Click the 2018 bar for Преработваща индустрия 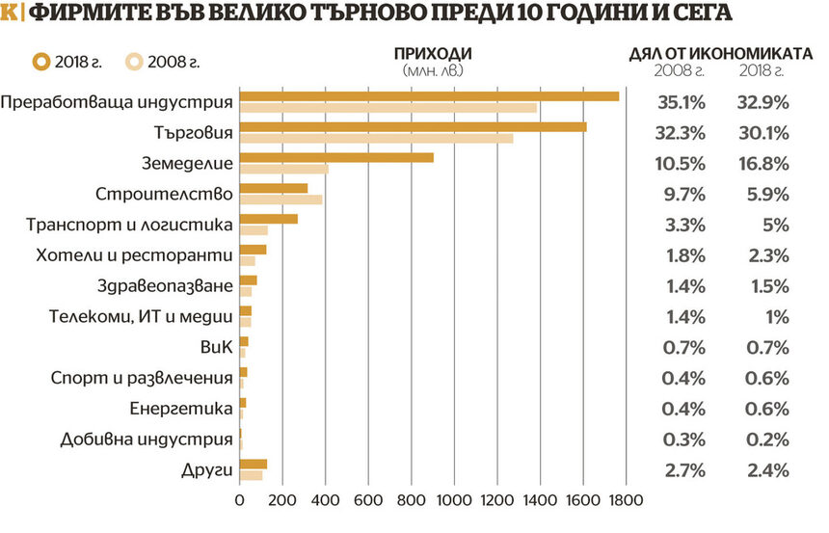tap(429, 95)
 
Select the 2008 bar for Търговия tap(376, 138)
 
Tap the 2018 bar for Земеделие tap(336, 157)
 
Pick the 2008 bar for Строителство tap(281, 200)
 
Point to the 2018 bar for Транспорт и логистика tap(269, 219)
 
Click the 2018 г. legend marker tap(40, 62)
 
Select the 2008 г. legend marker tap(135, 62)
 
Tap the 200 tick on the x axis tap(282, 500)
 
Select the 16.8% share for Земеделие tap(764, 163)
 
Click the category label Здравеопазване tap(166, 286)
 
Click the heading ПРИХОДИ tap(434, 53)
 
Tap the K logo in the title tap(11, 13)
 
